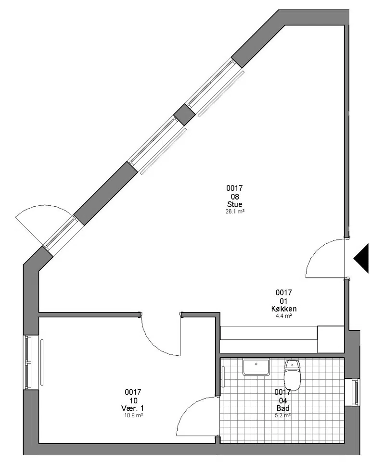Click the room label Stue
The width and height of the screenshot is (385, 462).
click(235, 204)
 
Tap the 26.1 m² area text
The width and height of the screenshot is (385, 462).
click(235, 211)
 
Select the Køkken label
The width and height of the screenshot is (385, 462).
click(284, 309)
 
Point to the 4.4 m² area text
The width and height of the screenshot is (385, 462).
click(283, 316)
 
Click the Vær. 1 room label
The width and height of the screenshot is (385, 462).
click(133, 408)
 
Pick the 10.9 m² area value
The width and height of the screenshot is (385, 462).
click(133, 415)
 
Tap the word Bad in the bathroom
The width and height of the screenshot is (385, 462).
click(283, 408)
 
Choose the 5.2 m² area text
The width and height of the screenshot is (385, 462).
click(283, 415)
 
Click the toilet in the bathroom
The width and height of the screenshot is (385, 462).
click(293, 374)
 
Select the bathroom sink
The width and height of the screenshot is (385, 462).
click(256, 367)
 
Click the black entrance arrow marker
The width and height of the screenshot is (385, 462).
click(361, 258)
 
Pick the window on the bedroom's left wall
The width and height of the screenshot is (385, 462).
click(28, 362)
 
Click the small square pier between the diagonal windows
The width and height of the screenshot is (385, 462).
click(184, 114)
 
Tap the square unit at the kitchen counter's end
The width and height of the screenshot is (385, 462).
click(331, 339)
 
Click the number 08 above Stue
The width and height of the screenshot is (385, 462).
click(235, 196)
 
